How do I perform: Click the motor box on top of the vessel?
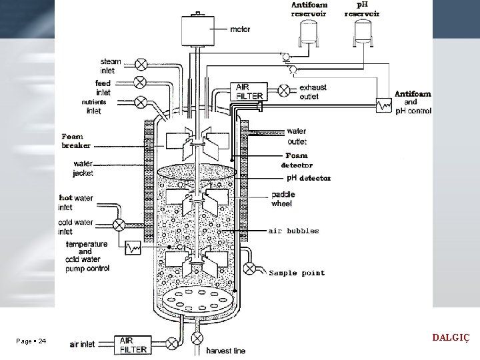pyautogui.click(x=198, y=31)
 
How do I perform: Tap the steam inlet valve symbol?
pyautogui.click(x=141, y=65)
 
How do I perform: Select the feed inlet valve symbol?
pyautogui.click(x=140, y=83)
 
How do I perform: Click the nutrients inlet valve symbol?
pyautogui.click(x=141, y=102)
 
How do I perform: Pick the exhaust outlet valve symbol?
pyautogui.click(x=284, y=90)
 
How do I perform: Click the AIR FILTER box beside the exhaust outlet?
pyautogui.click(x=249, y=91)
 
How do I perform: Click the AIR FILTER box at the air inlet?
pyautogui.click(x=133, y=345)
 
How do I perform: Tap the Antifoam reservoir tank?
pyautogui.click(x=309, y=32)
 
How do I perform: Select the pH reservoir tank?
pyautogui.click(x=363, y=32)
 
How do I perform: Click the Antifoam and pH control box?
pyautogui.click(x=384, y=105)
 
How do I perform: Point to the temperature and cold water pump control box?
pyautogui.click(x=133, y=247)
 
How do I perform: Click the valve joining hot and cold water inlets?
pyautogui.click(x=119, y=225)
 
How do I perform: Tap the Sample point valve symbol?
pyautogui.click(x=249, y=269)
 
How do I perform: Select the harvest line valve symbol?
pyautogui.click(x=197, y=338)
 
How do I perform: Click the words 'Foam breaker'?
pyautogui.click(x=76, y=141)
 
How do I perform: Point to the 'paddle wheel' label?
pyautogui.click(x=283, y=199)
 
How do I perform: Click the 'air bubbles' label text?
pyautogui.click(x=293, y=231)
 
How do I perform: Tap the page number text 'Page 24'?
pyautogui.click(x=31, y=341)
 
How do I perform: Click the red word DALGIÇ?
pyautogui.click(x=451, y=338)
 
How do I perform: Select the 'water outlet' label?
pyautogui.click(x=297, y=136)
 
